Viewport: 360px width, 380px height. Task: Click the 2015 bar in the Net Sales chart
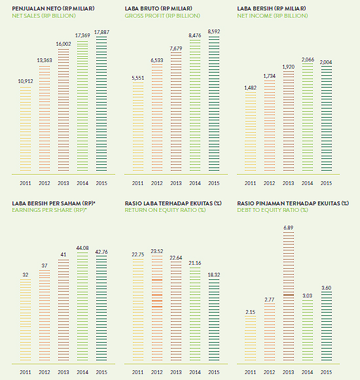[101, 104]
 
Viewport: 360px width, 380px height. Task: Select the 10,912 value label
[26, 81]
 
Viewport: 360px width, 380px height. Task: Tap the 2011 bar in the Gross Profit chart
[138, 126]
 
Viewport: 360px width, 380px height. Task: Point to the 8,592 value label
[214, 31]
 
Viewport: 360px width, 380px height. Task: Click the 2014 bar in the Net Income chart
[308, 118]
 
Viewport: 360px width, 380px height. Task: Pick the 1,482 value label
[250, 88]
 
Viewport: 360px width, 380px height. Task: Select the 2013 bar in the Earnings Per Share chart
[63, 310]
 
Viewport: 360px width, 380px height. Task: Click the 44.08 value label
[82, 248]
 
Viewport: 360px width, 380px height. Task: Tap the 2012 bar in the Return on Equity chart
[157, 308]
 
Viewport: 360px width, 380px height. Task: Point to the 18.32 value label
[214, 275]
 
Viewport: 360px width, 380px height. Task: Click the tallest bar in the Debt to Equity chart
[289, 296]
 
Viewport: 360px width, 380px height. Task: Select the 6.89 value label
[289, 228]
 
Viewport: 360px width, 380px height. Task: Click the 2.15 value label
[250, 312]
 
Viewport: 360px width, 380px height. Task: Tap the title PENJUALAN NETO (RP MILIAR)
[54, 9]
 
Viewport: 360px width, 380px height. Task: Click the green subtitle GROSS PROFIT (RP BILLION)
[162, 16]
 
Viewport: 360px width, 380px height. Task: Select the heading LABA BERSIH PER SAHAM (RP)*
[54, 203]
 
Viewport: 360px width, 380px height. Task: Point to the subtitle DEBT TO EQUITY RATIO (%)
[273, 210]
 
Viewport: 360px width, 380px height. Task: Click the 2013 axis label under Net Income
[289, 183]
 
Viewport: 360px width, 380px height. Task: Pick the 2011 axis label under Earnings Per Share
[26, 372]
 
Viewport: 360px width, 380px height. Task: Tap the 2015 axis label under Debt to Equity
[326, 372]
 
